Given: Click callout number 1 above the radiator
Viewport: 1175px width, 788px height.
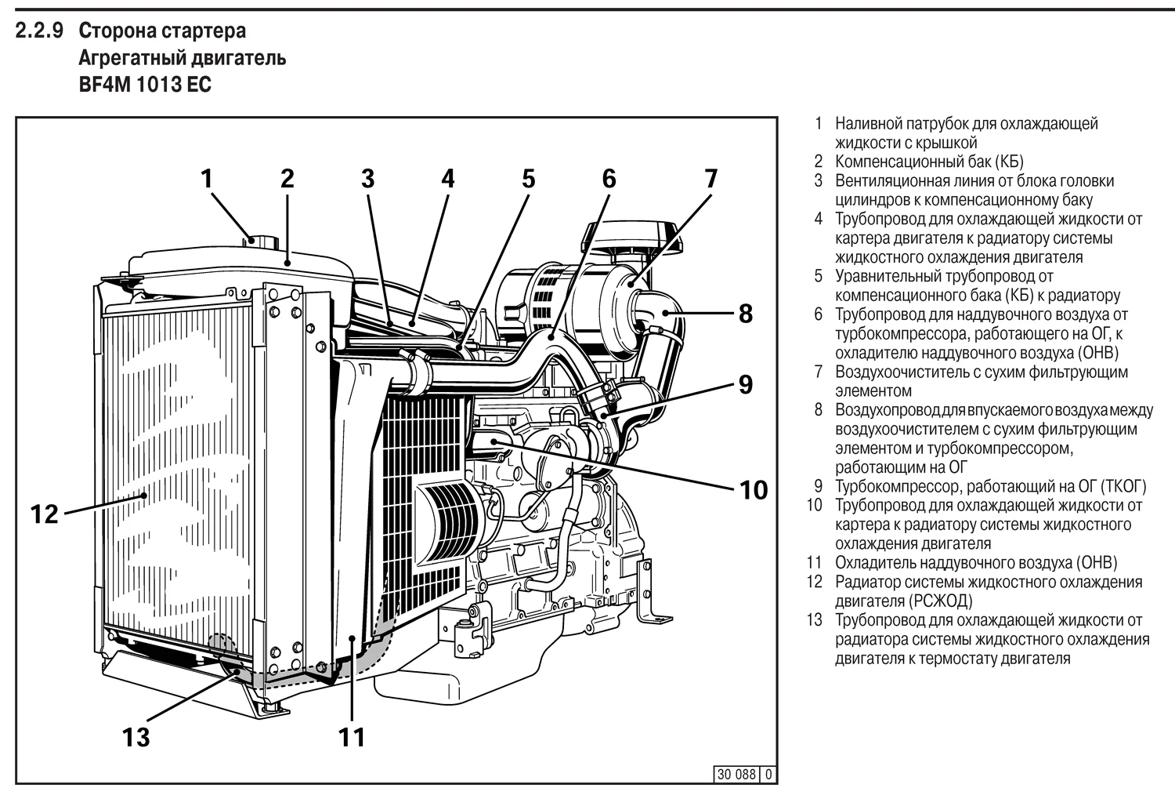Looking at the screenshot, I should coord(207,178).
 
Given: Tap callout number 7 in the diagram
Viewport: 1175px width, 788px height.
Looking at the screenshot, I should coord(710,178).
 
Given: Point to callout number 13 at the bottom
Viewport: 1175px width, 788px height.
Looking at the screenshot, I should coord(136,737).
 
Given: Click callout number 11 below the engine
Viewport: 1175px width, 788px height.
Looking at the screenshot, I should coord(352,737).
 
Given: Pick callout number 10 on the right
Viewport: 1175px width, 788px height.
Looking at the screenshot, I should coord(754,490).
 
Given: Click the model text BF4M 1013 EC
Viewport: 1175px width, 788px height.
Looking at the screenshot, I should coord(145,85).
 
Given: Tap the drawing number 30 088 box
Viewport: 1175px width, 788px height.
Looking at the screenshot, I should coord(736,775).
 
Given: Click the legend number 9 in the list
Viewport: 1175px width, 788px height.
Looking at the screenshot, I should coord(818,486).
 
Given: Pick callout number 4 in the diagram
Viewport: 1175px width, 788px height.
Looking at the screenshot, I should coord(447,178).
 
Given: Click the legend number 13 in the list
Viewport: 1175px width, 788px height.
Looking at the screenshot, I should coord(815,620).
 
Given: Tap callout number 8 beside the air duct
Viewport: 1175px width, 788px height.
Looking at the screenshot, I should coord(745,314).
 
